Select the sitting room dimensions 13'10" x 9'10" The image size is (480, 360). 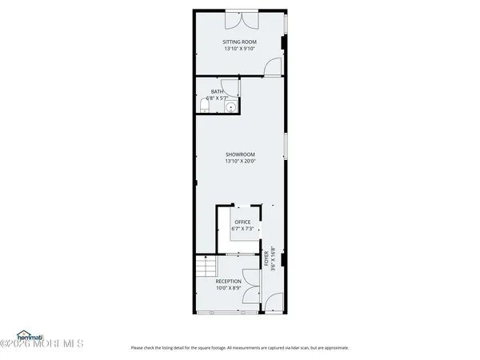click(240, 50)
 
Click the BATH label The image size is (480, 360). click(217, 92)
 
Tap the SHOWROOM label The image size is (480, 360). click(240, 154)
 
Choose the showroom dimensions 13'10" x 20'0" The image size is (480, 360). click(240, 162)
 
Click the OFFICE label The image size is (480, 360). click(242, 222)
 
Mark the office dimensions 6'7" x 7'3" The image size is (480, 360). click(242, 230)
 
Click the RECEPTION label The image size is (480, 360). click(228, 282)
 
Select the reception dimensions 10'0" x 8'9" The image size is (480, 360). click(228, 289)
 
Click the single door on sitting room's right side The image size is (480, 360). click(274, 66)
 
